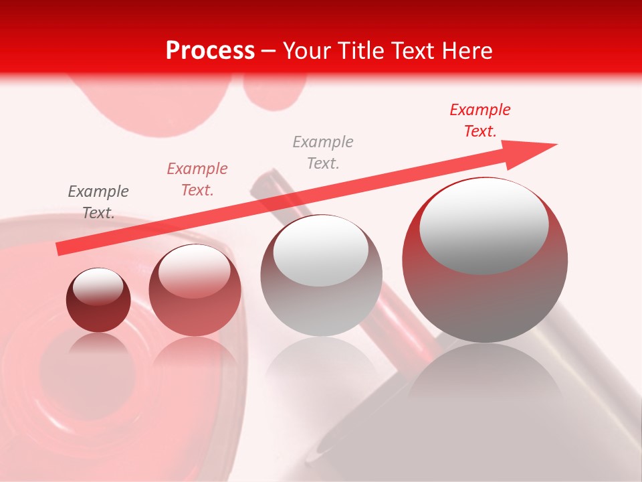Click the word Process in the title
[210, 51]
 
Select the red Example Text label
[479, 120]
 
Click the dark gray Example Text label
[98, 202]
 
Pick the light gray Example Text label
[323, 152]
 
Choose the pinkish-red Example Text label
[197, 179]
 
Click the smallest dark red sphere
[98, 301]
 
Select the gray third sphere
[321, 276]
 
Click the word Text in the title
[413, 51]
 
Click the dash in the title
[269, 51]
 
